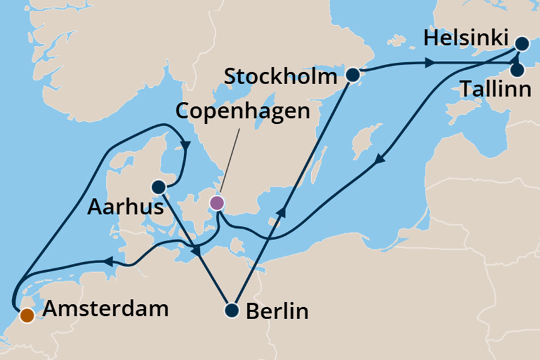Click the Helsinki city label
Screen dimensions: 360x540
click(x=465, y=38)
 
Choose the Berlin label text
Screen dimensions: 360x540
click(x=277, y=311)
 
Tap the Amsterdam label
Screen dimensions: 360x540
click(x=106, y=309)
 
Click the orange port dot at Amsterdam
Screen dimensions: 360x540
click(x=26, y=315)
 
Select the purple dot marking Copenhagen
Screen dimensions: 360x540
click(x=216, y=202)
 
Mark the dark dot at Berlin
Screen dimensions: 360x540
click(x=232, y=310)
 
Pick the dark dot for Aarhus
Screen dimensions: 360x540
click(x=158, y=187)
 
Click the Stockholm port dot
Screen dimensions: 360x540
click(x=353, y=75)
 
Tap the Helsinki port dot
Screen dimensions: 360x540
click(x=522, y=44)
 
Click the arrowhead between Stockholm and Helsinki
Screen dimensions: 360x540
click(x=429, y=63)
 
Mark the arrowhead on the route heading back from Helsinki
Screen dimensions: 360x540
click(x=378, y=161)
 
